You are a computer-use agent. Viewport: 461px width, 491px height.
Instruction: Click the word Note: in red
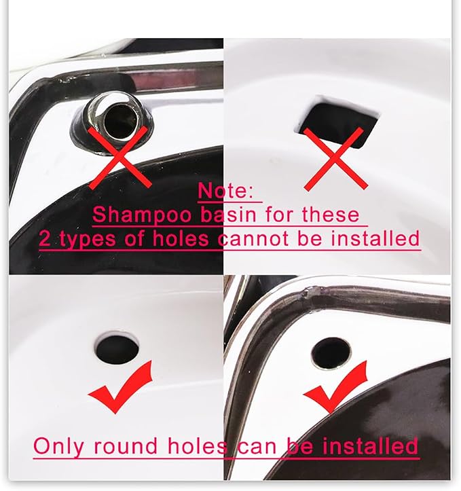point(225,190)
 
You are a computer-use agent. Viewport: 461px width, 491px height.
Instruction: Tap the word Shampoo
point(142,215)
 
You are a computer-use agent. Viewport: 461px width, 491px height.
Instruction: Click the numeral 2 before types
point(44,238)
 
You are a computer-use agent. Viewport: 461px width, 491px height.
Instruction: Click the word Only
point(58,447)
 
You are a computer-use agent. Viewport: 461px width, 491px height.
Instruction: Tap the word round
point(125,446)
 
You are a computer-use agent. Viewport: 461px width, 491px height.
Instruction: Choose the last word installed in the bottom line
point(370,445)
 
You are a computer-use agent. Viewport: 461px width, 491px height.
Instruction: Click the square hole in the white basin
point(337,124)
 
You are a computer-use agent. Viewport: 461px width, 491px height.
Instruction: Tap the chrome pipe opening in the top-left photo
point(120,122)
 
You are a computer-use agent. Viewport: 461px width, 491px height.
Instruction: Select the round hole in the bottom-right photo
point(331,353)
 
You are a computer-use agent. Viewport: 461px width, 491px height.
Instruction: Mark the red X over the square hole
point(335,159)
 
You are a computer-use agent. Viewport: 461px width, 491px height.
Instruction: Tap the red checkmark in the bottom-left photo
point(121,387)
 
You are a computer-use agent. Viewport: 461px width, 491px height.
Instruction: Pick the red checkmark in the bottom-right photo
point(335,387)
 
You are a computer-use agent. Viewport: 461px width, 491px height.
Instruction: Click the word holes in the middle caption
point(181,238)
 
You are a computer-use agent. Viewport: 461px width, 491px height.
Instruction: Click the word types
point(88,240)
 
